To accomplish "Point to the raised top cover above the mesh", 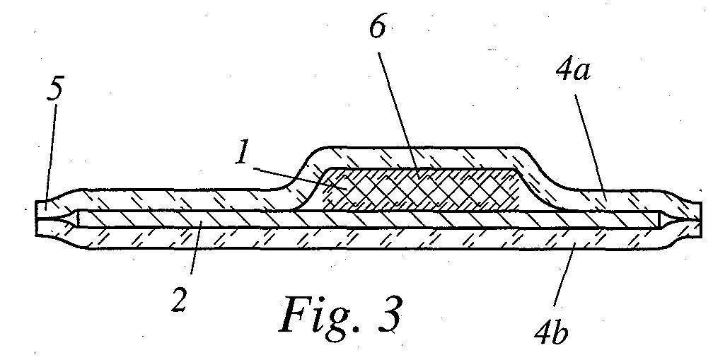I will click(x=417, y=157).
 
